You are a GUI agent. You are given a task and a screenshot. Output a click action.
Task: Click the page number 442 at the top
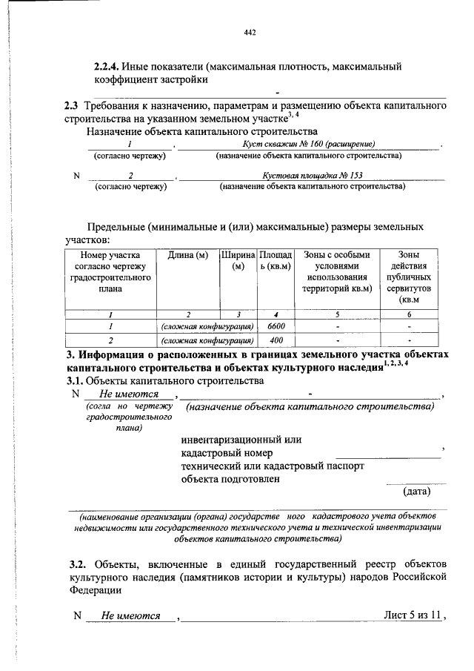point(250,33)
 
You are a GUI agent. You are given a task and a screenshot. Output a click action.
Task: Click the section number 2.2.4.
point(105,67)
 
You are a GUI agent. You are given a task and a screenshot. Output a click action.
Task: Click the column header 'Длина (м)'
point(187,256)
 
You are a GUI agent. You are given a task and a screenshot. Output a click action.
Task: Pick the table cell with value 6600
point(276,326)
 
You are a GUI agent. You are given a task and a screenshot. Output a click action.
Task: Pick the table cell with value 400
point(276,341)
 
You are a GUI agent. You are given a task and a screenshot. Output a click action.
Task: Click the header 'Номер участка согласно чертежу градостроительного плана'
point(110,271)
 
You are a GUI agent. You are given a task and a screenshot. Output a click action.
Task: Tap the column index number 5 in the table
point(337,314)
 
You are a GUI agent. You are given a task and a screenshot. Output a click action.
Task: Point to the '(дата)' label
point(416,491)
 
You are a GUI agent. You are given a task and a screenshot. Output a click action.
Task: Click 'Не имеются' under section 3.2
point(130,615)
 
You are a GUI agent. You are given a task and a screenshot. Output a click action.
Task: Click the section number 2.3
point(73,106)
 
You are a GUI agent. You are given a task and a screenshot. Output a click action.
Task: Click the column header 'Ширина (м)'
point(238,261)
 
